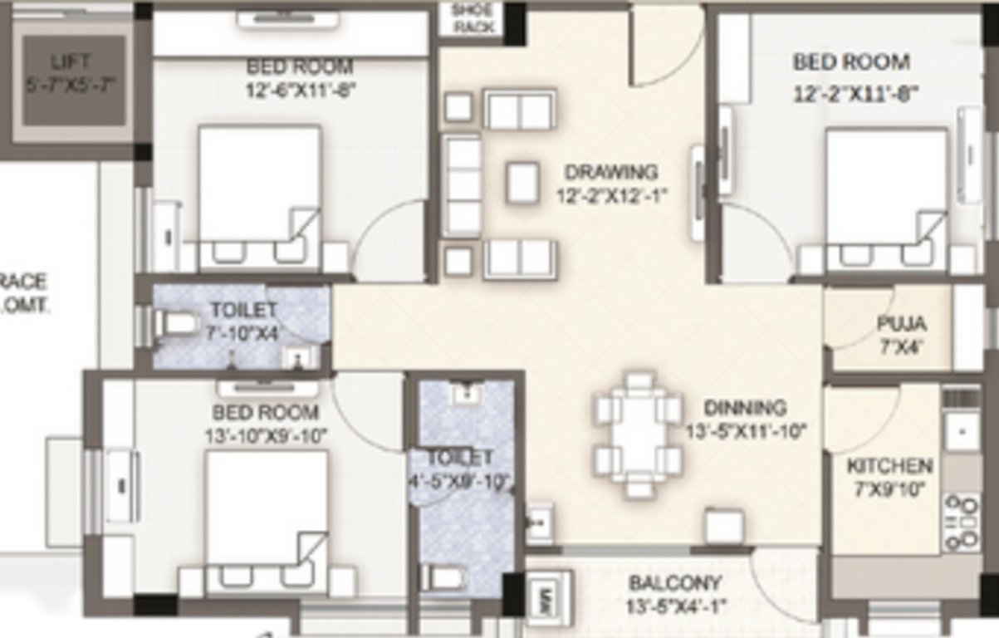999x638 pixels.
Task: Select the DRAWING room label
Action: tap(610, 173)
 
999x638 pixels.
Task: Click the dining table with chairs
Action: tap(638, 435)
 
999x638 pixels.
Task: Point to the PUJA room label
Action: tap(901, 323)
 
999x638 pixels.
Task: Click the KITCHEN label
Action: tap(889, 466)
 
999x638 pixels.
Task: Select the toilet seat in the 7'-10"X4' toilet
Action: tap(176, 326)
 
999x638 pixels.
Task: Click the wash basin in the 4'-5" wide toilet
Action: tap(468, 392)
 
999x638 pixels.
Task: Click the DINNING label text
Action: tap(745, 408)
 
